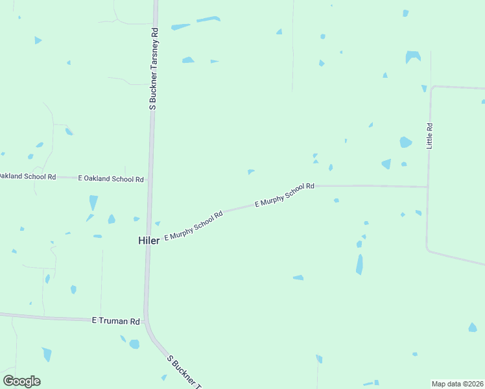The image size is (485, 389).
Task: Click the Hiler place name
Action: point(148,240)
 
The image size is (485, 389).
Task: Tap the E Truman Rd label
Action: point(116,320)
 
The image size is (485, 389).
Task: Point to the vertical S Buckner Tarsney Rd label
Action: point(154,69)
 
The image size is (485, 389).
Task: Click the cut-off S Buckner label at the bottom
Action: point(185,371)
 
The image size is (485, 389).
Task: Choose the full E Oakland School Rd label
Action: point(111,178)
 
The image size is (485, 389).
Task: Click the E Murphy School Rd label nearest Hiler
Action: point(194,226)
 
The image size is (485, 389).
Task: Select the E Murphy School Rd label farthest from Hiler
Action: point(285,194)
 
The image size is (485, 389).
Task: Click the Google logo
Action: point(21,381)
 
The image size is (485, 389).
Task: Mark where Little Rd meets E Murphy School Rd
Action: point(427,187)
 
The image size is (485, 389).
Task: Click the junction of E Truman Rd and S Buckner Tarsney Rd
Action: point(147,320)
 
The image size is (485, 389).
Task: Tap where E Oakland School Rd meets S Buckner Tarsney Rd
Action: point(150,179)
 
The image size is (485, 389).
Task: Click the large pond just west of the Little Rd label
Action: point(405,142)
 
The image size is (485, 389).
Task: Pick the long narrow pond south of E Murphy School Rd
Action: point(359,264)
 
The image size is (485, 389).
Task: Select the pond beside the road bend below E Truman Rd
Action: point(134,344)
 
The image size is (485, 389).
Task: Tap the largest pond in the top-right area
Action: point(412,56)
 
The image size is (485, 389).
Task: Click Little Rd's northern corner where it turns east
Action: point(432,87)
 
